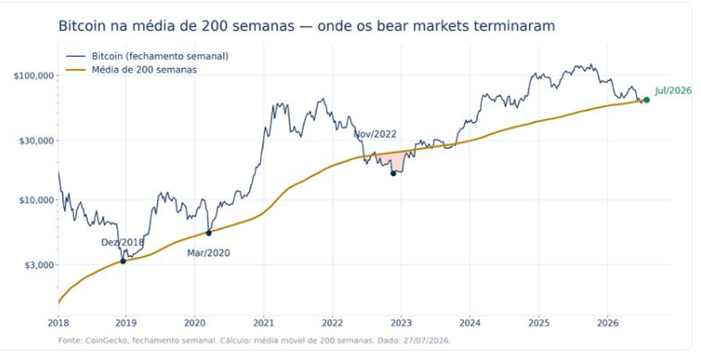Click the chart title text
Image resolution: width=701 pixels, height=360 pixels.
click(307, 26)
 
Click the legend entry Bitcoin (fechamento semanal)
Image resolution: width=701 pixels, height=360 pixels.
click(160, 56)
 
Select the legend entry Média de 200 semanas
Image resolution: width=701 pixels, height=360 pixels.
click(144, 70)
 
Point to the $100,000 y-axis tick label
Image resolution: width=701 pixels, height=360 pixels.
click(34, 76)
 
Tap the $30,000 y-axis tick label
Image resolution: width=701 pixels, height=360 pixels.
click(36, 141)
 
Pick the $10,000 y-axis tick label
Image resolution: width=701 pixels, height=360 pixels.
click(36, 200)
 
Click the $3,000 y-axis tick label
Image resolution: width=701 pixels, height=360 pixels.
click(38, 265)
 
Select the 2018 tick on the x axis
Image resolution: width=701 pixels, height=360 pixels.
click(58, 323)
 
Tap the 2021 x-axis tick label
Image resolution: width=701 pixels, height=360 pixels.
click(264, 323)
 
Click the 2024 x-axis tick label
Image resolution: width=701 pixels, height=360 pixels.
click(470, 323)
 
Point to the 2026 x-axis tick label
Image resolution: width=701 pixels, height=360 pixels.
click(607, 323)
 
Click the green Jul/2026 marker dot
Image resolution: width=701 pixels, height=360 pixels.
click(646, 100)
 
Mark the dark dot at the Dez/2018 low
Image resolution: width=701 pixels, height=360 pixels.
click(123, 261)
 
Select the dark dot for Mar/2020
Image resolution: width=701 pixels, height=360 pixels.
click(208, 233)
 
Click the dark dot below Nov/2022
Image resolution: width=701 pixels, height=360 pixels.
click(393, 174)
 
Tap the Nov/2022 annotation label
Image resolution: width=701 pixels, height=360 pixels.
click(375, 135)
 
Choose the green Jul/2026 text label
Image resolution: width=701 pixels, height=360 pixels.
click(673, 91)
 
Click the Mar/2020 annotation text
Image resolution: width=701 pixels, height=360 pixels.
click(208, 253)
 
